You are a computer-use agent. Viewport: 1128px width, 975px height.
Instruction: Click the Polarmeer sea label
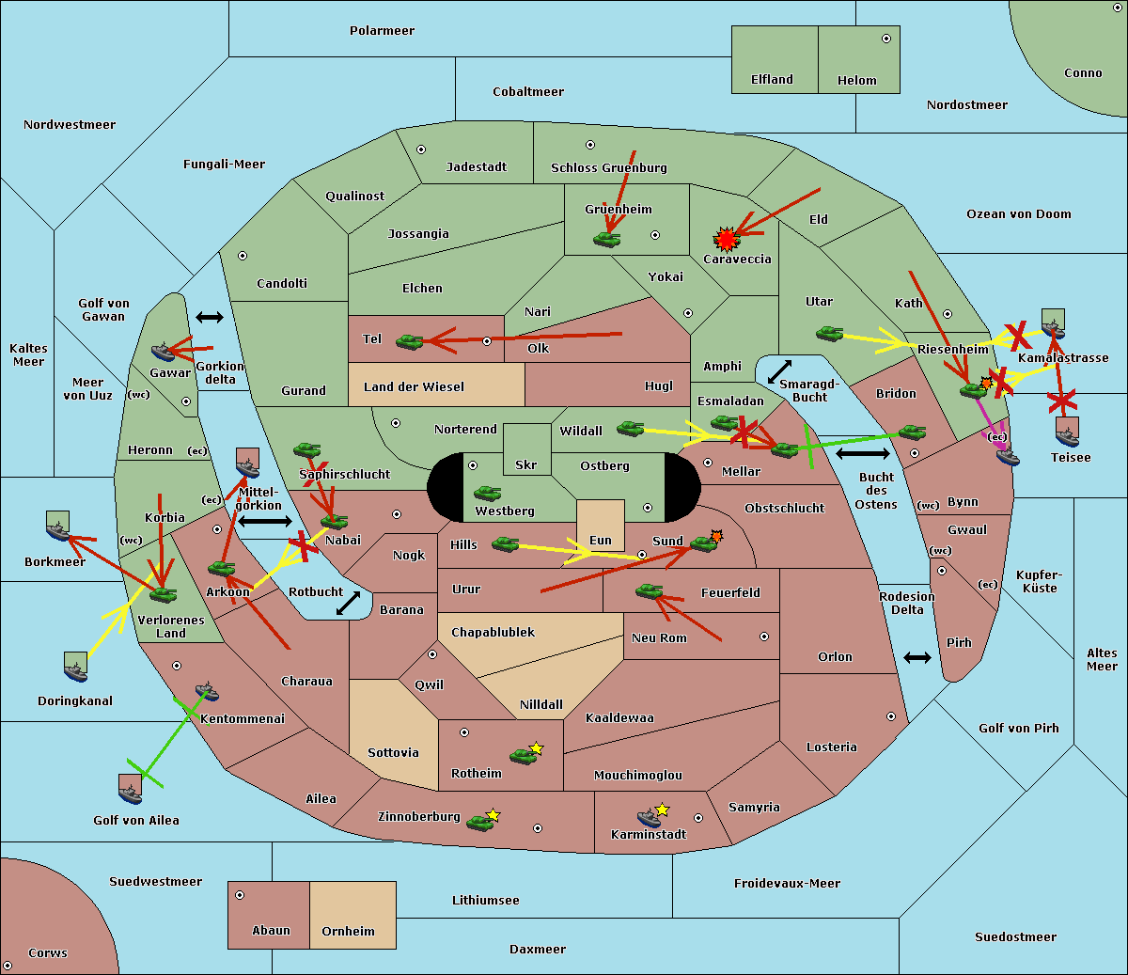tap(382, 31)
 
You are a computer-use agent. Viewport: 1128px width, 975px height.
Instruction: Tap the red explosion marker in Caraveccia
tap(726, 238)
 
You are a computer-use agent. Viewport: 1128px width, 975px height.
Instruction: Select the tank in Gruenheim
tap(607, 240)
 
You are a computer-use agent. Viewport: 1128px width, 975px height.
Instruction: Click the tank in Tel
tap(409, 342)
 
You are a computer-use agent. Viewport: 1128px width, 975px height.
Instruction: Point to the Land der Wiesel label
tap(414, 386)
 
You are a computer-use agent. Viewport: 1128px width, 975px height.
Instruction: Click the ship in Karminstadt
tap(649, 817)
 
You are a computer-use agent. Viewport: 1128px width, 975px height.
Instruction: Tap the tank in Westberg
tap(487, 493)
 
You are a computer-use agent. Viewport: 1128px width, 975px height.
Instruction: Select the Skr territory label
tap(525, 464)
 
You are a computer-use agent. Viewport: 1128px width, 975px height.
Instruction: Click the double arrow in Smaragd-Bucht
tap(779, 371)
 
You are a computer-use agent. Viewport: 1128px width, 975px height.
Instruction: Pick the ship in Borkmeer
tap(58, 531)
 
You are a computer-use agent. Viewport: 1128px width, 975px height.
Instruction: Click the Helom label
tap(856, 81)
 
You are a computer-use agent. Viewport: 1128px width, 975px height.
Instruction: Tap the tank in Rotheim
tap(523, 756)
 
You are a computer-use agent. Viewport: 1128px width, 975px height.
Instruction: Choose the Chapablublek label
tap(493, 633)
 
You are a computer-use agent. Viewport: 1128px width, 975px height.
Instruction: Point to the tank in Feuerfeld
tap(649, 591)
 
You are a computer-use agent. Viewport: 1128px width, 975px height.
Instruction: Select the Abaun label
tap(271, 931)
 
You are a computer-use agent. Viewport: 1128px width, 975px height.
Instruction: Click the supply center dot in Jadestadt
tap(421, 149)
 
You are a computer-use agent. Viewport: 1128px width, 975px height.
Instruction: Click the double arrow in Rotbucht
tap(348, 603)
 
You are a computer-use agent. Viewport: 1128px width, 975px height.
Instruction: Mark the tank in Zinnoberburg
tap(480, 823)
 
